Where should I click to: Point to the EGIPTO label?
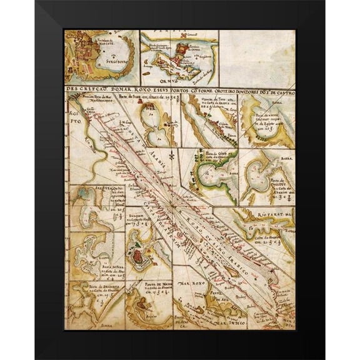pyautogui.click(x=74, y=116)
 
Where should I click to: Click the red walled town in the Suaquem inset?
pyautogui.click(x=142, y=254)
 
